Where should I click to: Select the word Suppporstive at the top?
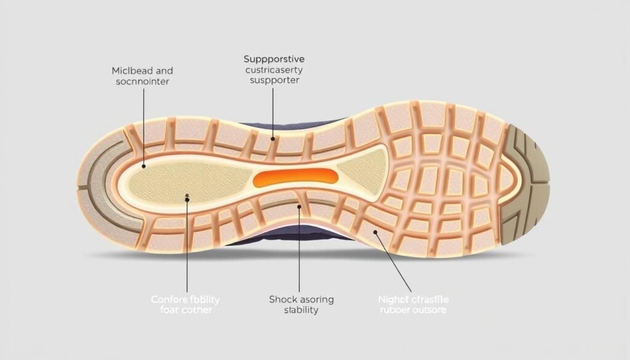(x=274, y=59)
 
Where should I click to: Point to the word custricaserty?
(x=274, y=70)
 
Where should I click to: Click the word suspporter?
(x=274, y=81)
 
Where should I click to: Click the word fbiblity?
(x=204, y=299)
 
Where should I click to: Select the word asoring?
(x=317, y=299)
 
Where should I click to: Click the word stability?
(x=301, y=310)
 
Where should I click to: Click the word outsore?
(x=431, y=310)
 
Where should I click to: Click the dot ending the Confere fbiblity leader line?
(x=187, y=196)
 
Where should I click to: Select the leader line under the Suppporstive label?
(x=273, y=111)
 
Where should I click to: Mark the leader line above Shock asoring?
(x=299, y=246)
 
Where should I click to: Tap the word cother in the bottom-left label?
(x=197, y=310)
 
